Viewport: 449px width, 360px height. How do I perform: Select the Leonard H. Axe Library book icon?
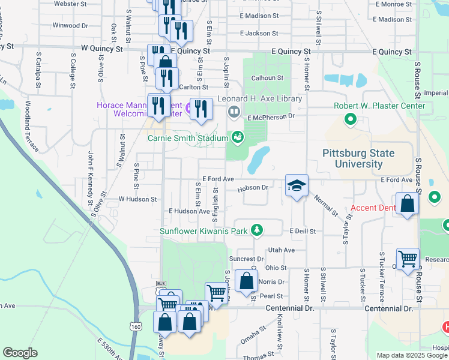click(234, 111)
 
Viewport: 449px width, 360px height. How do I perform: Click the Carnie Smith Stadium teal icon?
click(238, 138)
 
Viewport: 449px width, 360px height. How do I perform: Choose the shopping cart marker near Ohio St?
click(408, 259)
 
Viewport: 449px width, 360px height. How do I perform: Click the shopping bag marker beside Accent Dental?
click(408, 203)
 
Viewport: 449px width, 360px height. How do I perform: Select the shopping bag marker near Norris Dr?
click(246, 281)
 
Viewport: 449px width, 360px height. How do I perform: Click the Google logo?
click(20, 353)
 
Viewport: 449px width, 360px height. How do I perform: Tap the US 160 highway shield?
click(137, 326)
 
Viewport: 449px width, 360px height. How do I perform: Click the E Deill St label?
click(303, 231)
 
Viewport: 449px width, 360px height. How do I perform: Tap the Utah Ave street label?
click(282, 250)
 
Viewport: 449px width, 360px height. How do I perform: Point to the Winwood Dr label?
click(70, 26)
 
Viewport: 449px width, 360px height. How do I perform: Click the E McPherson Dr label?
click(271, 116)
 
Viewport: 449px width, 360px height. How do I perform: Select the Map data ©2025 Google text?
click(412, 355)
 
